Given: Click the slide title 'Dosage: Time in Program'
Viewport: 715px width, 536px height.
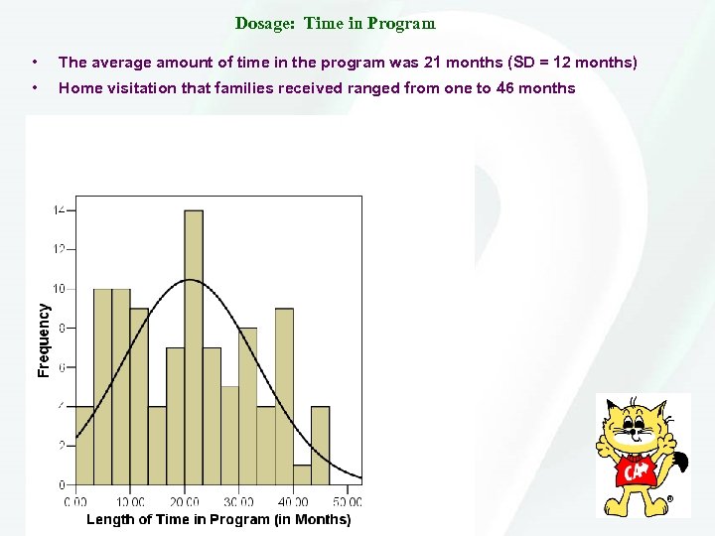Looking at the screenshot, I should pos(335,23).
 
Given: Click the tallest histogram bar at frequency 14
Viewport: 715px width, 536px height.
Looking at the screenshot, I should pos(194,347).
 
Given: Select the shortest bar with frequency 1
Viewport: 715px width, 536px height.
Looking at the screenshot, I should pos(302,474).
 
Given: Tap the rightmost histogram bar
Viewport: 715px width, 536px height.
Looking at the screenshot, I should pos(320,446).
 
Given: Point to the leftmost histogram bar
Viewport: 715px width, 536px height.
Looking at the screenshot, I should pos(84,446).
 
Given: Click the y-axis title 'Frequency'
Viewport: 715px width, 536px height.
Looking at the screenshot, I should pos(44,339).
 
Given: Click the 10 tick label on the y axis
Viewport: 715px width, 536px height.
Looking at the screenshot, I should pos(60,289).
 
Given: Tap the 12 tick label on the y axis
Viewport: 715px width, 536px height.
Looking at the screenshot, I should pos(60,249).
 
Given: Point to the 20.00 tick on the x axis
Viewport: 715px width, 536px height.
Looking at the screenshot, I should pos(186,502).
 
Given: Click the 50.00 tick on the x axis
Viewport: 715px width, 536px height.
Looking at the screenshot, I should pos(347,502).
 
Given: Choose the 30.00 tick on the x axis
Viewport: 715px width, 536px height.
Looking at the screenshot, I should pos(239,502).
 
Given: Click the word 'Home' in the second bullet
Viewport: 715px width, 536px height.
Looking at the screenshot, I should pos(78,88).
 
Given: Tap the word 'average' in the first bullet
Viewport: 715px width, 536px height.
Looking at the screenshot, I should pos(121,63).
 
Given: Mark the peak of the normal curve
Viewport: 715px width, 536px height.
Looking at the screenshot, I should pos(193,280).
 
